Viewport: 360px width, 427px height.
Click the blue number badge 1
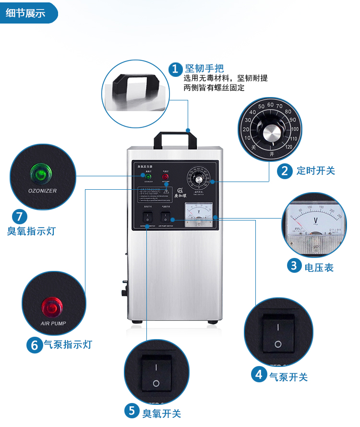[x=175, y=69]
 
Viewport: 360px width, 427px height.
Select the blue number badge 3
[x=294, y=265]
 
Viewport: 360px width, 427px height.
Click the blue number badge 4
[x=259, y=374]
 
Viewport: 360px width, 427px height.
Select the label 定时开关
[x=315, y=171]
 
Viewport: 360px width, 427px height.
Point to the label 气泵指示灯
[x=68, y=344]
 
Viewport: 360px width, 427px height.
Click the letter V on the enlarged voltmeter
[x=315, y=221]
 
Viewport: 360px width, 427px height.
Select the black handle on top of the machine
[x=175, y=139]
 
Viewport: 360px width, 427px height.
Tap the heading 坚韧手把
[x=204, y=68]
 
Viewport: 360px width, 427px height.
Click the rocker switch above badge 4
[x=278, y=333]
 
